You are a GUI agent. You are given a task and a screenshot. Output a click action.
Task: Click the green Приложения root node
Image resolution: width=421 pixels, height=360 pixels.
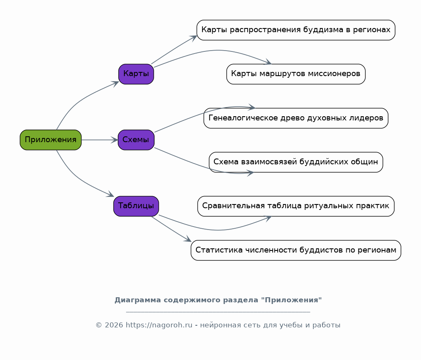pyautogui.click(x=51, y=140)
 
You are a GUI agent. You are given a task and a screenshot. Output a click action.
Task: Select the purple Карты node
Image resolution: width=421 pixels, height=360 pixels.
pyautogui.click(x=136, y=74)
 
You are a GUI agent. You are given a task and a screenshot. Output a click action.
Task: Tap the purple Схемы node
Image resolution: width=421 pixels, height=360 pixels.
pyautogui.click(x=136, y=140)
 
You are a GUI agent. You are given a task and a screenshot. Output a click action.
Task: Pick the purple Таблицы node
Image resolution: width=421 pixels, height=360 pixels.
pyautogui.click(x=136, y=206)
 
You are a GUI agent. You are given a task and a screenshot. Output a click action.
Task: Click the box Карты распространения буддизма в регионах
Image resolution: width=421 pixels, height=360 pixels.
pyautogui.click(x=296, y=30)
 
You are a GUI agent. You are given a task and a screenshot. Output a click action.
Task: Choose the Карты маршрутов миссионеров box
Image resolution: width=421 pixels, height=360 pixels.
pyautogui.click(x=296, y=74)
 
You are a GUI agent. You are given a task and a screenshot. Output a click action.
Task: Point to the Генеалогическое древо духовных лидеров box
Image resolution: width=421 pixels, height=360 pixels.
pyautogui.click(x=296, y=118)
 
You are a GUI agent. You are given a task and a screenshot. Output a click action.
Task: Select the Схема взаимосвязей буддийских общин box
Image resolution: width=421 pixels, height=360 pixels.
pyautogui.click(x=296, y=162)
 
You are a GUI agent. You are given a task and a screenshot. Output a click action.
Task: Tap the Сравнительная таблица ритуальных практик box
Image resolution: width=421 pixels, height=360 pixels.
pyautogui.click(x=296, y=206)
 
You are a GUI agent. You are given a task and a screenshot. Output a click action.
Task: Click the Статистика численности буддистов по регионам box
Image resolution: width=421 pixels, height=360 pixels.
pyautogui.click(x=296, y=250)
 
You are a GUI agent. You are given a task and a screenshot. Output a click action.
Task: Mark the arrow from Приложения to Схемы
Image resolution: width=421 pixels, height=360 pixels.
pyautogui.click(x=99, y=140)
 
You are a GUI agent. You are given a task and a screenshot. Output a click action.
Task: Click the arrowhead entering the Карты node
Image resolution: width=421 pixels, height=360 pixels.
pyautogui.click(x=115, y=83)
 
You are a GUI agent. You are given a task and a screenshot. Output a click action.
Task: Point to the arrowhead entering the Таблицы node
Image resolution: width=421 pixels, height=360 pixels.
pyautogui.click(x=111, y=194)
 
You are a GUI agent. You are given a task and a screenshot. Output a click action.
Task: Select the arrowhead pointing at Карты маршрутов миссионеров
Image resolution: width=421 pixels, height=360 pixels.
pyautogui.click(x=268, y=62)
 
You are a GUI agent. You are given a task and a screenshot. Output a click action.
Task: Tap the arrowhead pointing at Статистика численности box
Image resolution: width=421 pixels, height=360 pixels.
pyautogui.click(x=188, y=239)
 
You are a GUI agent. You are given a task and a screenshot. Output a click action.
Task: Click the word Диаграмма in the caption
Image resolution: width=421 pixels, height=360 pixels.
pyautogui.click(x=138, y=300)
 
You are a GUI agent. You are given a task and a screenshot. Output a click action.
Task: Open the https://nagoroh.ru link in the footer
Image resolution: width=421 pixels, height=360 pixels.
pyautogui.click(x=159, y=325)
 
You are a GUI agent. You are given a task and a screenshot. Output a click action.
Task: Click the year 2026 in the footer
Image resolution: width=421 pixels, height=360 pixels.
pyautogui.click(x=114, y=325)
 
